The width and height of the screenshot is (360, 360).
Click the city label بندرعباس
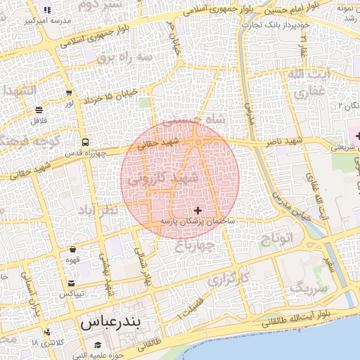click(110, 324)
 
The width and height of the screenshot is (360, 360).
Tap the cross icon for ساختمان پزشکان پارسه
click(198, 210)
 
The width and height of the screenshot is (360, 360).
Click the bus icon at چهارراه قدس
click(84, 141)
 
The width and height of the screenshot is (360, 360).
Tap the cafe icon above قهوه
click(73, 249)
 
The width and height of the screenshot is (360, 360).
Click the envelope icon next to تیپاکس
click(71, 283)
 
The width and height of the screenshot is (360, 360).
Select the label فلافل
click(38, 120)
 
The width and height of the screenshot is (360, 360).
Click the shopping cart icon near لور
click(69, 93)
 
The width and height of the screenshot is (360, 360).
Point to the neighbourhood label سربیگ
click(309, 287)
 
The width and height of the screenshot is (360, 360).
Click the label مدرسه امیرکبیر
click(46, 21)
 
